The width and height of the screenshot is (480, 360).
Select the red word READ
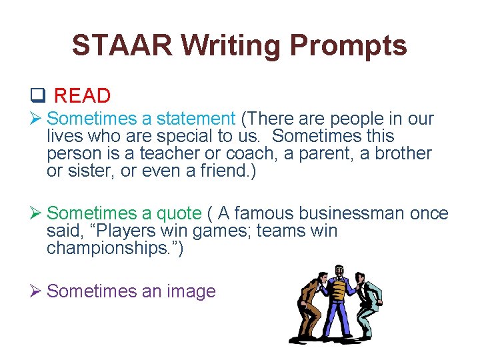[x=82, y=96]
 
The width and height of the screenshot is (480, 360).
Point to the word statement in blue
[x=196, y=119]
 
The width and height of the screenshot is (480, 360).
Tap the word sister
[x=87, y=171]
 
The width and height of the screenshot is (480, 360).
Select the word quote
[x=179, y=213]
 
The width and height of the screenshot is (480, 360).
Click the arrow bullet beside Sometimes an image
[x=39, y=291]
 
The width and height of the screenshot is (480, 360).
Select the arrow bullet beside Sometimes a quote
[x=39, y=213]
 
